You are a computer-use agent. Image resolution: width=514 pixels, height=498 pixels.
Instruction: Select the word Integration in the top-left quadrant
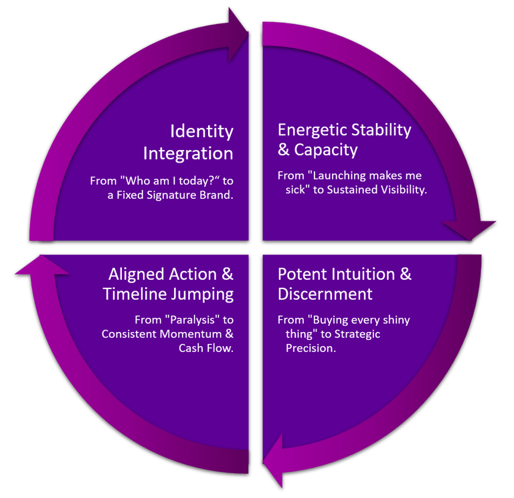point(188,153)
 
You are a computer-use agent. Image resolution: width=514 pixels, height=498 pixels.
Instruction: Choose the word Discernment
point(325,294)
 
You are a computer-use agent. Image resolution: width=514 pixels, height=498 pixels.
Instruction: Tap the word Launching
point(338,175)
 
